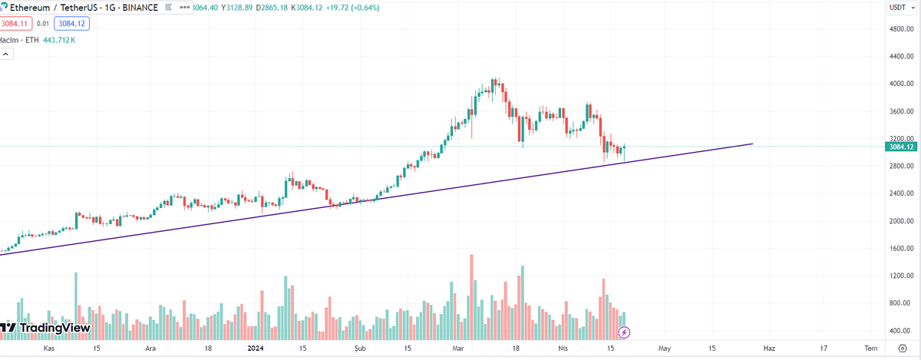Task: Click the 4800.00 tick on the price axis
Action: point(900,29)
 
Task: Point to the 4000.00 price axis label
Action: point(900,84)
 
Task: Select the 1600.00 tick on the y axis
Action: point(900,249)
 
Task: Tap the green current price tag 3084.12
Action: point(900,147)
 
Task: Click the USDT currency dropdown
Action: point(898,7)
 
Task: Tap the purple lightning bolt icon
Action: point(625,332)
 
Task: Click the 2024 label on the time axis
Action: point(256,348)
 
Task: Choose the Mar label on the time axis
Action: point(459,348)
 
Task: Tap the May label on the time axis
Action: point(664,348)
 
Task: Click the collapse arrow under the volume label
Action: point(7,54)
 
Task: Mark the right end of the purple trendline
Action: point(752,144)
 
